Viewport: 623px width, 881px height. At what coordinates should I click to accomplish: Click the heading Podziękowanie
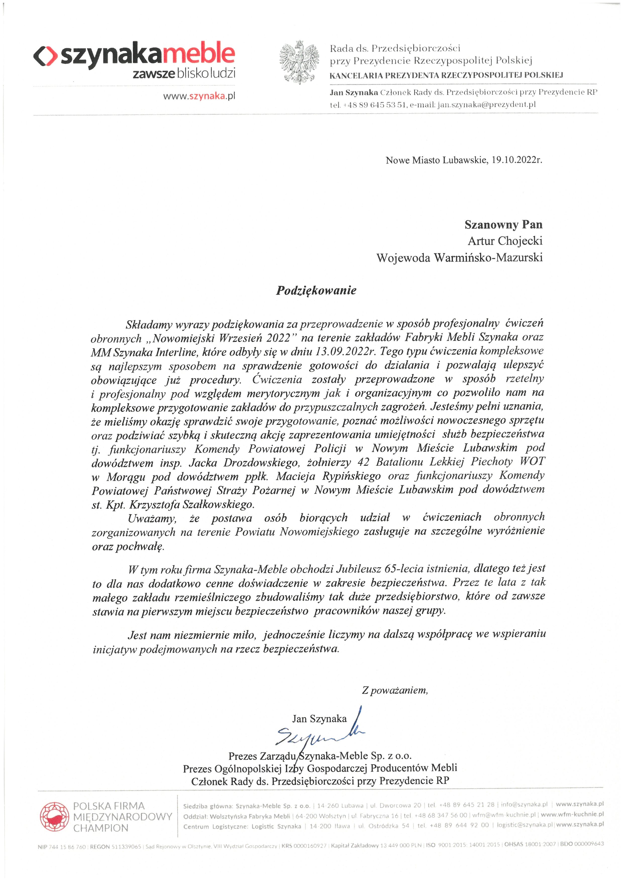point(316,290)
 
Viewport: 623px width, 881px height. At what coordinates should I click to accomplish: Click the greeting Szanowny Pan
point(503,225)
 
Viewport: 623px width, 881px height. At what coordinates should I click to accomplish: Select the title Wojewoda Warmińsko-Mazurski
point(459,257)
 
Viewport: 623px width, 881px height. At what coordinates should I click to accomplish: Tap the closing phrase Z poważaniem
point(395,690)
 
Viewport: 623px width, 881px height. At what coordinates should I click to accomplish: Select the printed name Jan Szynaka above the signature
point(319,719)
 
